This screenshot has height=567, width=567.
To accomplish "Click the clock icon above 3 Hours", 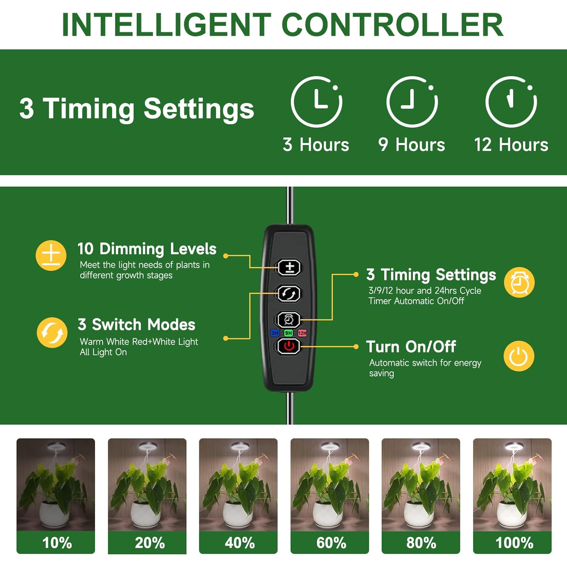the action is [x=316, y=102].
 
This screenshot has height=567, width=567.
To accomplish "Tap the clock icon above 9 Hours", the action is [x=412, y=102].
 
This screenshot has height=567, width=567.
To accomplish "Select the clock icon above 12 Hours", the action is [x=511, y=102].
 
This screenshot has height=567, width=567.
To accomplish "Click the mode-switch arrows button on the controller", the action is [x=289, y=294].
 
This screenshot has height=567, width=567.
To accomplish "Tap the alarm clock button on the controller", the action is [x=289, y=320].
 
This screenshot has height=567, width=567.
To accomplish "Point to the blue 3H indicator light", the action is [x=275, y=333].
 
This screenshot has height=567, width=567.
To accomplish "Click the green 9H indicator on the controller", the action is [x=288, y=333].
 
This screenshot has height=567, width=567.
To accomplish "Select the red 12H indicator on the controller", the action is [x=302, y=333].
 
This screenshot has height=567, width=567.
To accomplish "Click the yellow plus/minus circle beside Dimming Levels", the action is [x=51, y=256].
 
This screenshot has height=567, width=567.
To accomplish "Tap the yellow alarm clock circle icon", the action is [x=519, y=282].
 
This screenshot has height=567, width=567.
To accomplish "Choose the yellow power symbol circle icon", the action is [x=519, y=356].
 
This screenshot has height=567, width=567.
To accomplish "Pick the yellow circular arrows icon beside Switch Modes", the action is [x=52, y=333].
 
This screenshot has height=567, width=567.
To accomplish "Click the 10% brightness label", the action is [x=57, y=543].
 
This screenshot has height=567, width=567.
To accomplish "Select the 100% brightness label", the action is [x=514, y=543].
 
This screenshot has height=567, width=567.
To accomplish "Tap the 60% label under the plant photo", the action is [x=331, y=543].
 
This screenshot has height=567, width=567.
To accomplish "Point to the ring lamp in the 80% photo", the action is [x=421, y=447].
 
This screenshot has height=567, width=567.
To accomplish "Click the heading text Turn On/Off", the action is [x=411, y=347].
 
